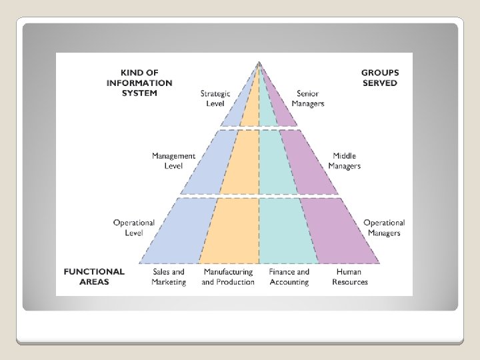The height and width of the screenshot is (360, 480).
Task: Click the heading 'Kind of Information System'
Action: pos(139,83)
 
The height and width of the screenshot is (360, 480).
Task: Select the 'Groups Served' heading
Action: pos(380,78)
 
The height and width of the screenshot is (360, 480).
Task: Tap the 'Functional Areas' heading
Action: pos(94,277)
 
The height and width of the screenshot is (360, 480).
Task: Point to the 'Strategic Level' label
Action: pos(215,99)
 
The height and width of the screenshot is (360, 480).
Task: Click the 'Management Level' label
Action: pos(173,161)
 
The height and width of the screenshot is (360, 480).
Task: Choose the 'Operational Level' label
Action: pos(134,227)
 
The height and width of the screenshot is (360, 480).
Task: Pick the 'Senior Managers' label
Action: pos(308,99)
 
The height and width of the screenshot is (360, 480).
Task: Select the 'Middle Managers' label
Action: pos(345,161)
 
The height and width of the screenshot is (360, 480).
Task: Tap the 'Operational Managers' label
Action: pos(384,227)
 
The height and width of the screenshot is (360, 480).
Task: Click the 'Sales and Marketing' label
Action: pos(169,277)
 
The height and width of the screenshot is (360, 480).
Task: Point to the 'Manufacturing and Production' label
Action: pos(228,277)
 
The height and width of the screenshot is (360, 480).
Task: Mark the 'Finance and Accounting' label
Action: pos(289,277)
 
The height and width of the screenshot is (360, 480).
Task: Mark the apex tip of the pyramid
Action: pos(259,63)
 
